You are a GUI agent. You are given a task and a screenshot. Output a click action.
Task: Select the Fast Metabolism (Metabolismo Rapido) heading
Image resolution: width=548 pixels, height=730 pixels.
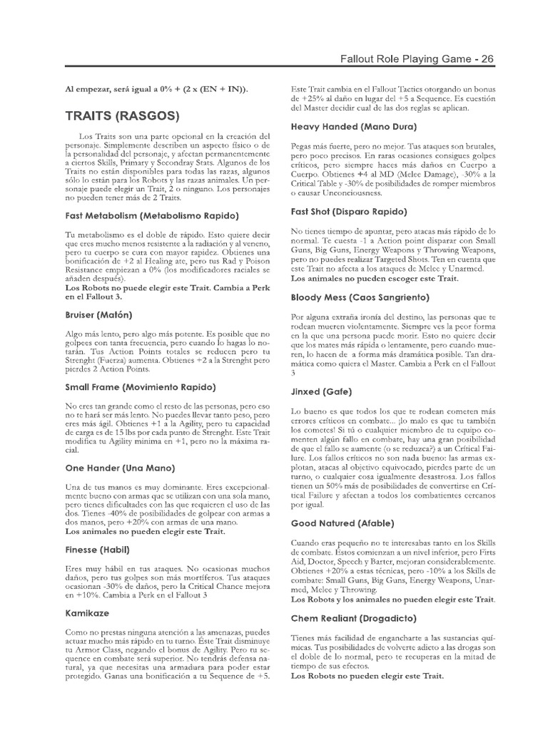(x=151, y=215)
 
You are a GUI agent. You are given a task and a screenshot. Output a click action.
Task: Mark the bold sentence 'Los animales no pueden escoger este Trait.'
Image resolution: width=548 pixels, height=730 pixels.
(x=375, y=279)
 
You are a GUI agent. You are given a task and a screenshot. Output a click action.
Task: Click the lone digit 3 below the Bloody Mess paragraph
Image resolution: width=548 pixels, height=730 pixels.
(x=294, y=372)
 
